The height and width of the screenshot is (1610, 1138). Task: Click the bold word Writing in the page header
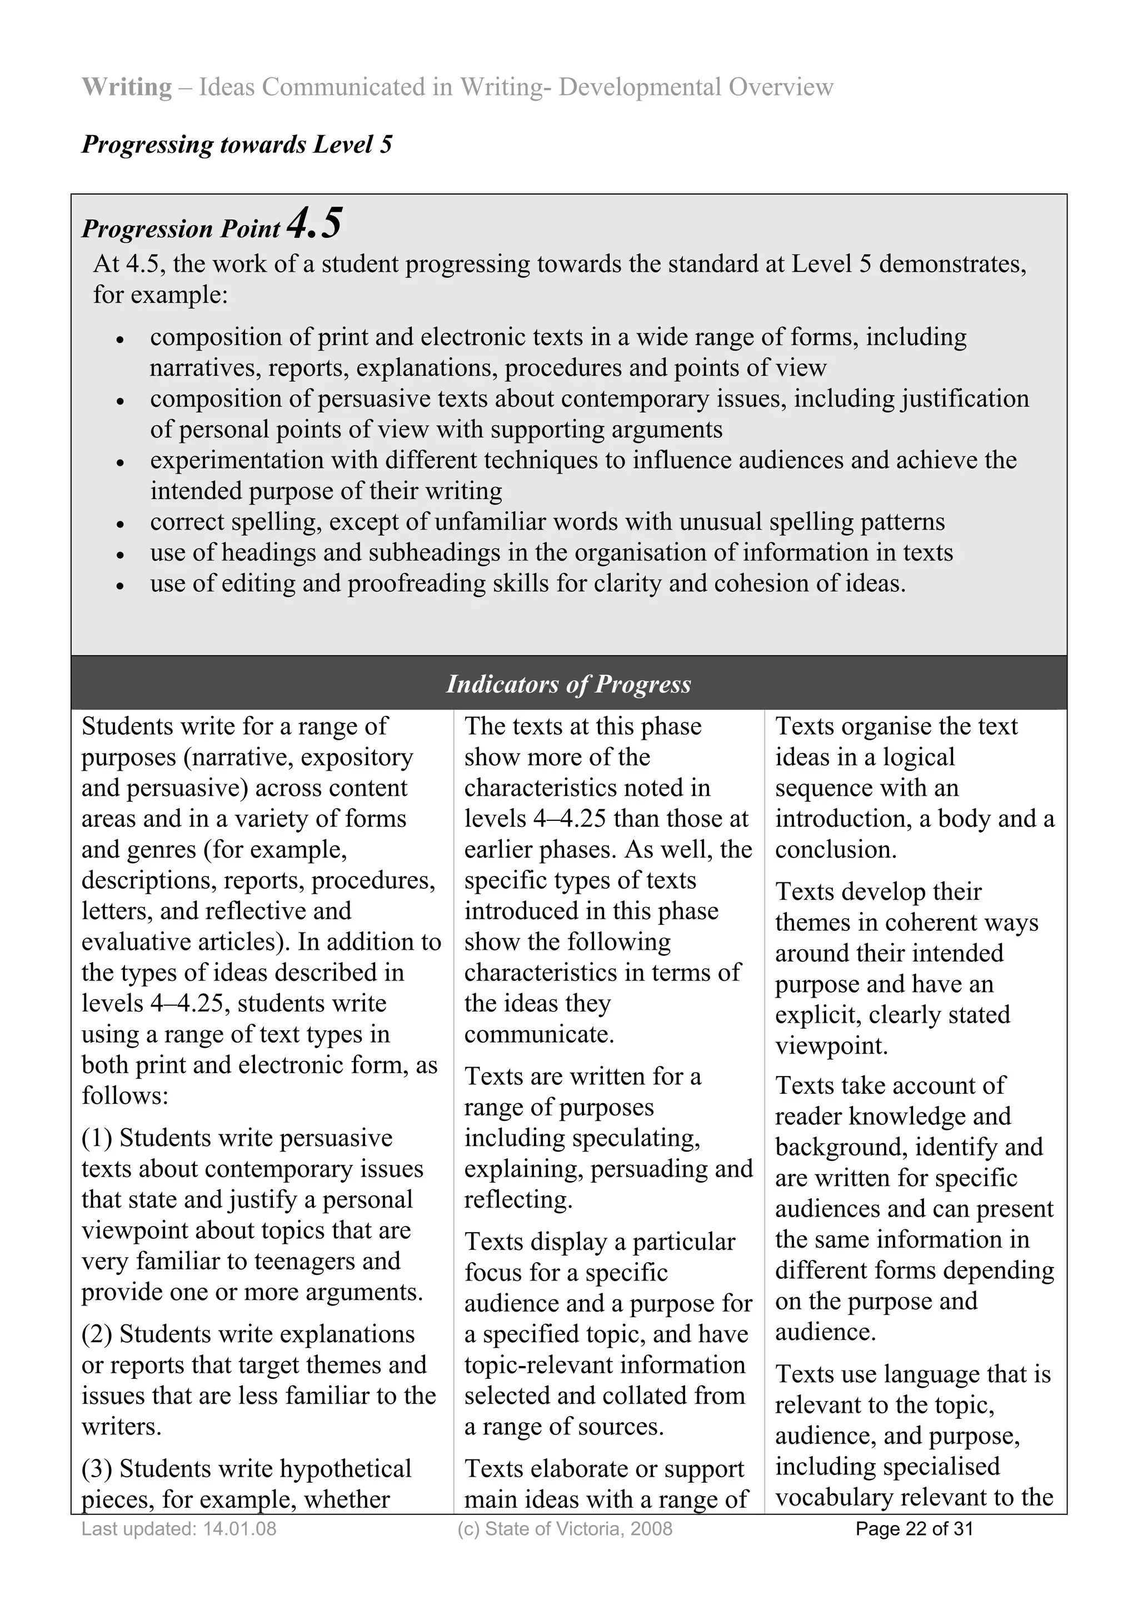(126, 87)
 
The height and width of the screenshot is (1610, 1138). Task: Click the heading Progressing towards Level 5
(236, 144)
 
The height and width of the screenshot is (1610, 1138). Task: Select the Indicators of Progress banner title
(568, 684)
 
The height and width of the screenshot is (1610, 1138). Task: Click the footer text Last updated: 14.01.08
(179, 1529)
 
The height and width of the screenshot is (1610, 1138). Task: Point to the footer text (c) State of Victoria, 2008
(565, 1529)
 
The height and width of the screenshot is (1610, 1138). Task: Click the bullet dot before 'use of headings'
(121, 555)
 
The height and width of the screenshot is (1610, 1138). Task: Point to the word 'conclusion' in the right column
(835, 850)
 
